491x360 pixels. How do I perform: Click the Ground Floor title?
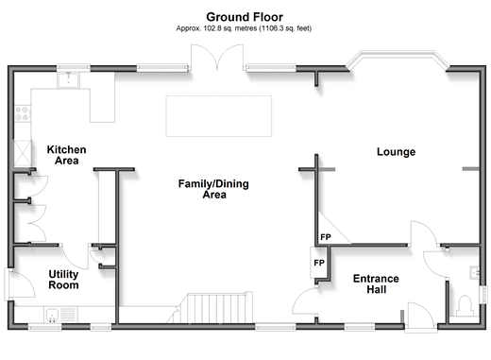tap(245, 17)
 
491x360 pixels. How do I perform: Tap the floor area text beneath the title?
tap(244, 28)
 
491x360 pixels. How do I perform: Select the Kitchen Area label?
tap(66, 155)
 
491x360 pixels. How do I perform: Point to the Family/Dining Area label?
tap(213, 189)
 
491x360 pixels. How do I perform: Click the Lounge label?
tap(396, 152)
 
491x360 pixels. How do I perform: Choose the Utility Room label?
tap(63, 280)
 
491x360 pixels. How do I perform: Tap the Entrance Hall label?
tap(376, 283)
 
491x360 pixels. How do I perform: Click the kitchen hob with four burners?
tap(23, 113)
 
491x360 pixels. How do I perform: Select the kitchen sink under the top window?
tap(68, 80)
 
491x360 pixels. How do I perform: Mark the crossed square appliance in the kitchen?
tap(23, 153)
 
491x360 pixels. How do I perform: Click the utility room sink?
tap(53, 315)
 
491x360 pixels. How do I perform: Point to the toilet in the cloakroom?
tap(465, 305)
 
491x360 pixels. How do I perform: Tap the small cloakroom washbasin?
tap(475, 272)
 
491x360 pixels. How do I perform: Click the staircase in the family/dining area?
tap(213, 307)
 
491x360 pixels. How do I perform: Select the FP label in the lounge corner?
tap(326, 237)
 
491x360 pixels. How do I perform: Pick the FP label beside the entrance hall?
tap(319, 263)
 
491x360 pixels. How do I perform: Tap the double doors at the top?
tap(217, 58)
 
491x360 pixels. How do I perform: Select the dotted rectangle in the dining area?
tap(219, 116)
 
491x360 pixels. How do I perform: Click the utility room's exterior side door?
tap(20, 283)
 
